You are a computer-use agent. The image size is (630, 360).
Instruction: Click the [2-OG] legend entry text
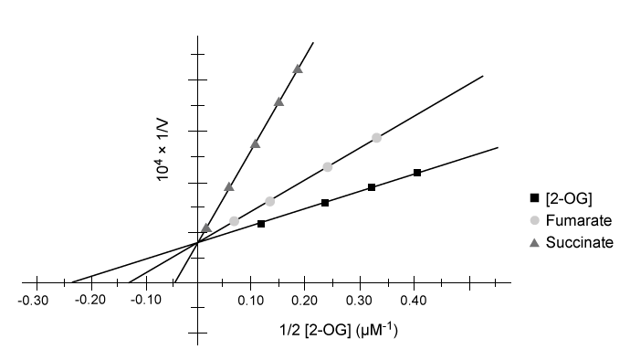(565, 199)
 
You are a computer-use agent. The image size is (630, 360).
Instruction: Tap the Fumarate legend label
(578, 220)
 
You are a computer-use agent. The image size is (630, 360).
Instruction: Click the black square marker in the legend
(534, 199)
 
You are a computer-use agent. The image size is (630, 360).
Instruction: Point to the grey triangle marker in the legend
(534, 242)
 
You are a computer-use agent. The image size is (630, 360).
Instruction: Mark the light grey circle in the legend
(534, 220)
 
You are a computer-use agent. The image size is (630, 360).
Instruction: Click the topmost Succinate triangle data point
(298, 69)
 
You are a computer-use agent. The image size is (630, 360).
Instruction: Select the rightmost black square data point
(417, 173)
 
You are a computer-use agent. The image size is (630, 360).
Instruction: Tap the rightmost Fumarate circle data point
(376, 138)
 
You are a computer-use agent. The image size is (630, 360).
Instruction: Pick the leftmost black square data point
(261, 223)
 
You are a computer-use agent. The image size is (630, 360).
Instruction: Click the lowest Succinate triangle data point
(206, 228)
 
